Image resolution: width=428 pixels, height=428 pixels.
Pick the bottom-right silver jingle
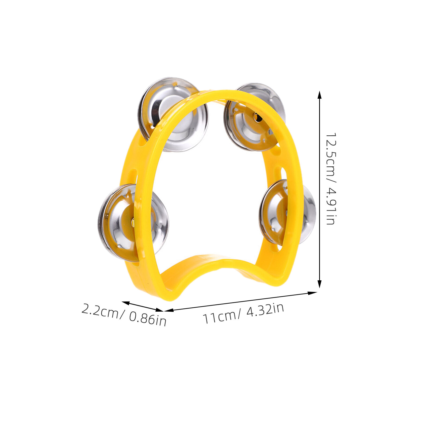point(287,212)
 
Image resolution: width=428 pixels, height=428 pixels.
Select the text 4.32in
point(265,311)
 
